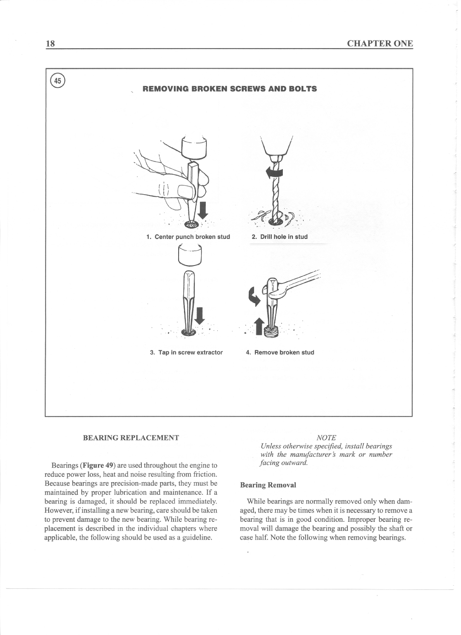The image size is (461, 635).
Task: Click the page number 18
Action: coord(50,43)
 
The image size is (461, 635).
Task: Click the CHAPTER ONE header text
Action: coord(380,43)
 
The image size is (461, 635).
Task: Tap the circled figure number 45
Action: coord(58,81)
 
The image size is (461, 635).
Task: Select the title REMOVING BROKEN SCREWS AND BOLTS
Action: coord(230,89)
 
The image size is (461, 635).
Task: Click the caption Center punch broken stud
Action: coord(188,237)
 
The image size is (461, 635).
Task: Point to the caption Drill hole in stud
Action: coord(280,237)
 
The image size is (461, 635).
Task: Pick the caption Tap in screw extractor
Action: coord(186,352)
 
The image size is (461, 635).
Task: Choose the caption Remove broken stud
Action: coord(280,352)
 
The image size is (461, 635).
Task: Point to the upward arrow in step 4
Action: coord(260,326)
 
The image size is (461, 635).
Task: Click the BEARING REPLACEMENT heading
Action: coord(131,438)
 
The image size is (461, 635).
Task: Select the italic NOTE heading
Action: coord(326,438)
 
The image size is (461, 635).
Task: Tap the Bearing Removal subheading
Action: coord(268,485)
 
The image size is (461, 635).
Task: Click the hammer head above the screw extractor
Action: coord(190,256)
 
